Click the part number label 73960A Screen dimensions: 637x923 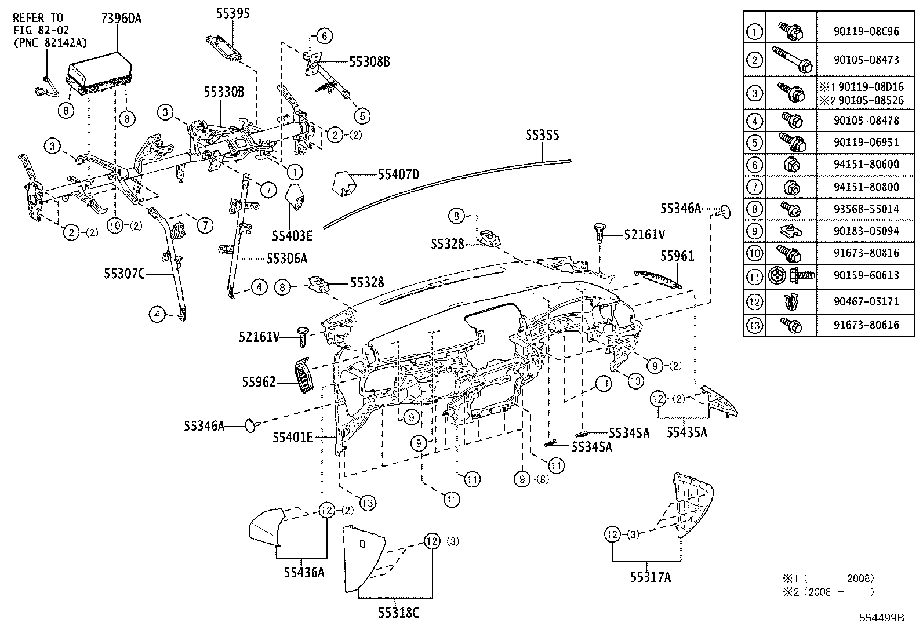121,18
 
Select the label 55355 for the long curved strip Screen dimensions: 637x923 542,135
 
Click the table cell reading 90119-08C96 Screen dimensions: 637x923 867,31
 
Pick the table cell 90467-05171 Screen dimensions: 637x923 867,301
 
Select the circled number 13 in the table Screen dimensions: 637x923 754,325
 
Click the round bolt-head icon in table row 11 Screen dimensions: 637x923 777,275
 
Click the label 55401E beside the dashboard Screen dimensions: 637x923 293,437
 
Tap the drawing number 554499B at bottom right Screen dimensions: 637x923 881,617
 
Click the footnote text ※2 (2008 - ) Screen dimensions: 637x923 828,592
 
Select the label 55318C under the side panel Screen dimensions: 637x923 396,613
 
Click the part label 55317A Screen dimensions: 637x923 651,577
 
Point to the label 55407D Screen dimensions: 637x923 398,173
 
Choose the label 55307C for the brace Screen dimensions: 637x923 125,273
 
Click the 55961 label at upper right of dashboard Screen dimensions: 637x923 677,256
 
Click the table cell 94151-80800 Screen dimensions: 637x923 867,187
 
